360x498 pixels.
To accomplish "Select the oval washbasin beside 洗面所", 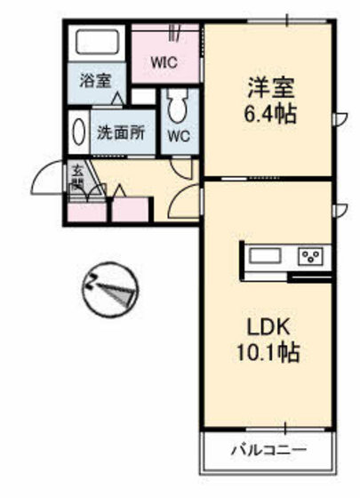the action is coord(78,133).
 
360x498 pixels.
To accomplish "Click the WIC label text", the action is coord(164,62).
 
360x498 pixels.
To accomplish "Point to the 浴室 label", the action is coord(95,80).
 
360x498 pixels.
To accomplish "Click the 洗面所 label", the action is coord(121,133).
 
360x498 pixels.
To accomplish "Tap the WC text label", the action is coord(179,137).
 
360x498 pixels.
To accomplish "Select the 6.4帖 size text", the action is coord(270,114).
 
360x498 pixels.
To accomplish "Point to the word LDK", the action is coord(268,327).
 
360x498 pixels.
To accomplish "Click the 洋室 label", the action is coord(271,87).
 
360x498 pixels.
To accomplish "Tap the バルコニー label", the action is coord(268,450).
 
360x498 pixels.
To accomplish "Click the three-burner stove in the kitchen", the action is coord(310,256).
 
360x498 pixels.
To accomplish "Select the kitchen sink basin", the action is coord(265,256).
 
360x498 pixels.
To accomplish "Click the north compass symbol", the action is coord(110,289).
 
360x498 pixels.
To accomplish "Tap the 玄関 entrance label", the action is coord(77,178).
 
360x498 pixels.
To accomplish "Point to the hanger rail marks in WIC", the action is coord(174,33).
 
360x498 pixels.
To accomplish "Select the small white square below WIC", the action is coord(143,96).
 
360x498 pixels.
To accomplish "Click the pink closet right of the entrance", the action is coord(131,210).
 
